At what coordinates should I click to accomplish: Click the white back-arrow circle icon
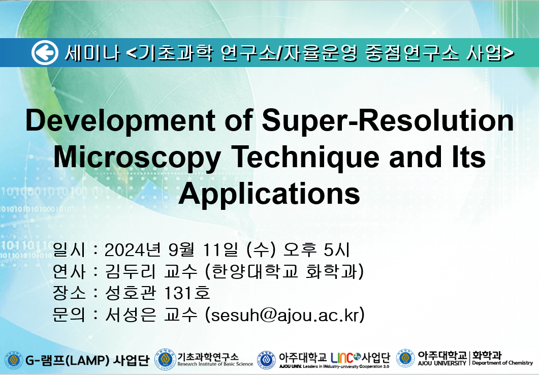45,52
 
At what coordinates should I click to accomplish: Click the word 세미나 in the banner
92,53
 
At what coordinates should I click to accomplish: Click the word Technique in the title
305,157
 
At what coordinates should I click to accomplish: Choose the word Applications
269,195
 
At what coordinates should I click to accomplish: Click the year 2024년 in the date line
133,249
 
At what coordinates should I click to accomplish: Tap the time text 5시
337,249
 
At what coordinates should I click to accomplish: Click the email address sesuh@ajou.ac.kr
284,315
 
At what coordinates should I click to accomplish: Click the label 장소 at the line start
69,293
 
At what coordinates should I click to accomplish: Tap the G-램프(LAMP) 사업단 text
87,360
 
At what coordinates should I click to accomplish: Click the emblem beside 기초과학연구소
165,360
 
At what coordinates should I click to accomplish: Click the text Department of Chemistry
502,363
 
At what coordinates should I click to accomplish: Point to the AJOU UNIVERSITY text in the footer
442,363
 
